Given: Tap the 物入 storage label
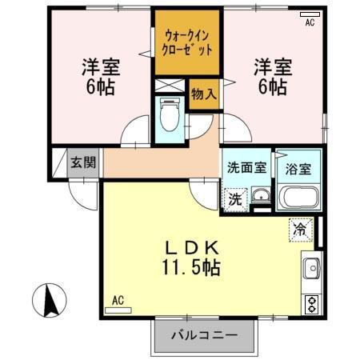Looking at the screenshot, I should coord(204,93).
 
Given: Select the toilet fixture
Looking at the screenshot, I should coord(170,115).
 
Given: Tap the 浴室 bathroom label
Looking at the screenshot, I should coord(298,169).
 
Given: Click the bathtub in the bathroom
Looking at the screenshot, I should coord(298,197).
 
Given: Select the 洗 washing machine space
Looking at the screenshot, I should coord(235,198).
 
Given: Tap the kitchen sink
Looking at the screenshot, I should coord(311,266).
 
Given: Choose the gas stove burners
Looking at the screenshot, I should coord(311,303).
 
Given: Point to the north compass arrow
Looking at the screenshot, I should coord(47,300).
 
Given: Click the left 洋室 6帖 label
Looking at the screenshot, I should coord(98,75).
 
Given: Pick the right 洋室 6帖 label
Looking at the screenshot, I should coord(270,75).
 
